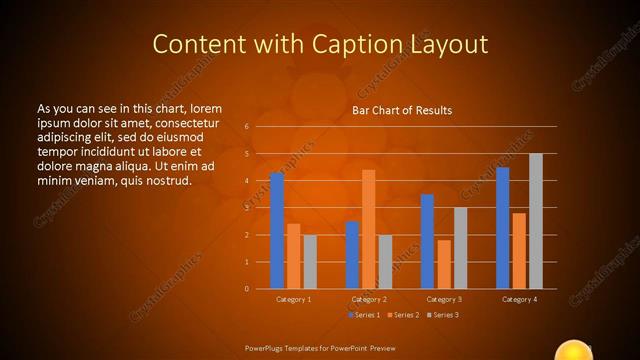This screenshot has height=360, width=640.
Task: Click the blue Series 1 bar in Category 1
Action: (x=277, y=231)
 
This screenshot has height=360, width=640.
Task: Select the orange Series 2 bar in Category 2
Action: (x=368, y=229)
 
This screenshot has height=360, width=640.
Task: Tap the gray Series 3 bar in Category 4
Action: (x=535, y=221)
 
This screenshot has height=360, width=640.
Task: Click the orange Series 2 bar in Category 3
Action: (x=443, y=264)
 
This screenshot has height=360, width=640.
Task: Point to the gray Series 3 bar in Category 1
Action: (x=310, y=262)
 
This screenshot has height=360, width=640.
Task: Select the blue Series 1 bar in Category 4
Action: (x=502, y=228)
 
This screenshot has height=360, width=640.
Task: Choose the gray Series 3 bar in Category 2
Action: (x=385, y=262)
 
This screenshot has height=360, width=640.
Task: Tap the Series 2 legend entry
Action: (x=403, y=315)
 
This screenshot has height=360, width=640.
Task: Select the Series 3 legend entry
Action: (x=443, y=315)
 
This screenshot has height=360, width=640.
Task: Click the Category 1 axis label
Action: (x=293, y=299)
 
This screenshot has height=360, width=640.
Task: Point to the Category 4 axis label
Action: (x=519, y=299)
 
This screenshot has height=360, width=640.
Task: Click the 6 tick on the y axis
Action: (x=246, y=127)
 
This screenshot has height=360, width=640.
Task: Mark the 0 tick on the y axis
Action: (x=246, y=289)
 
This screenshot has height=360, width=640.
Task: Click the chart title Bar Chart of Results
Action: (x=402, y=110)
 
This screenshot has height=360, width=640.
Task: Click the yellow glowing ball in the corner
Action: (x=575, y=351)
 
